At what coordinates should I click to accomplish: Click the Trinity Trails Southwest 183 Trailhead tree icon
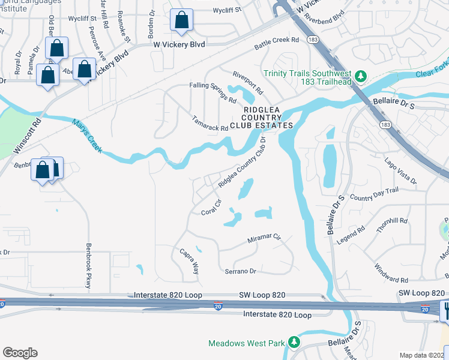(x=360, y=76)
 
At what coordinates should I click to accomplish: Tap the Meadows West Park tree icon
(x=294, y=343)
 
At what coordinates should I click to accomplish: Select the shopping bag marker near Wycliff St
(x=181, y=20)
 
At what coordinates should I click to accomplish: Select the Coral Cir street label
(x=212, y=207)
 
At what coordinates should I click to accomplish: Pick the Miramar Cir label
(x=264, y=239)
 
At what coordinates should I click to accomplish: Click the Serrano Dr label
(x=241, y=271)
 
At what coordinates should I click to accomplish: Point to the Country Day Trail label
(x=373, y=194)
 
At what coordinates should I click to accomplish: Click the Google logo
(x=20, y=353)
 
